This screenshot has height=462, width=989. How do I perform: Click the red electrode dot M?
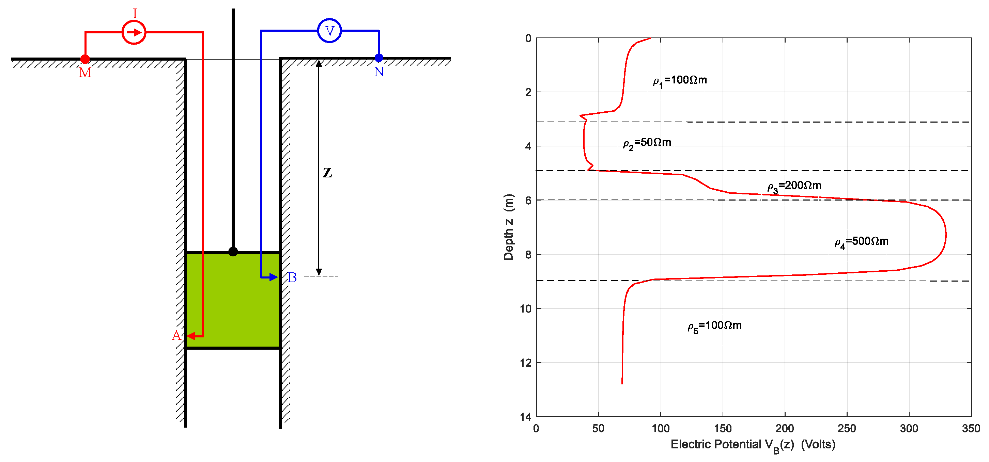(85, 59)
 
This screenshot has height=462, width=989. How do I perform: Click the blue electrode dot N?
(378, 58)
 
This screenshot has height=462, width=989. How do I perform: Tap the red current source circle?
(134, 33)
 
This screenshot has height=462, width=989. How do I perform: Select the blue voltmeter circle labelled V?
(329, 31)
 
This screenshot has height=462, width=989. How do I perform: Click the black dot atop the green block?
(233, 252)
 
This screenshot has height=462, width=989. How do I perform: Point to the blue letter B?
(292, 277)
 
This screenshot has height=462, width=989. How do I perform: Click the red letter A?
(176, 336)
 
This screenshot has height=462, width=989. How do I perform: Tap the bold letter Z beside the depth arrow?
(327, 173)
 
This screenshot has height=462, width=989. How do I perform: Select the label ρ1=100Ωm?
(680, 81)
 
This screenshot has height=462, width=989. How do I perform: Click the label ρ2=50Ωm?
(647, 143)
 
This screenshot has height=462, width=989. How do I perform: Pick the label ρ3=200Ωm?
(794, 187)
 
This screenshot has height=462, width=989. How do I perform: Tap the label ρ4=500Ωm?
(861, 242)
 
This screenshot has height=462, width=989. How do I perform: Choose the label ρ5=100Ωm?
(714, 326)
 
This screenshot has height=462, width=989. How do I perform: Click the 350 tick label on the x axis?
(971, 428)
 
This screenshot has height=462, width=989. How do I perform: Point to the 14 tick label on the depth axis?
(526, 417)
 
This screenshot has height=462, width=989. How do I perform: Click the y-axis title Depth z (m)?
(508, 227)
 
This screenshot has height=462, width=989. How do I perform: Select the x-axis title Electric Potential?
(753, 445)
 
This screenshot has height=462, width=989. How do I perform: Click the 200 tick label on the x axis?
(784, 428)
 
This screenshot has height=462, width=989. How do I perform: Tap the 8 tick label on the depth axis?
(528, 254)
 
